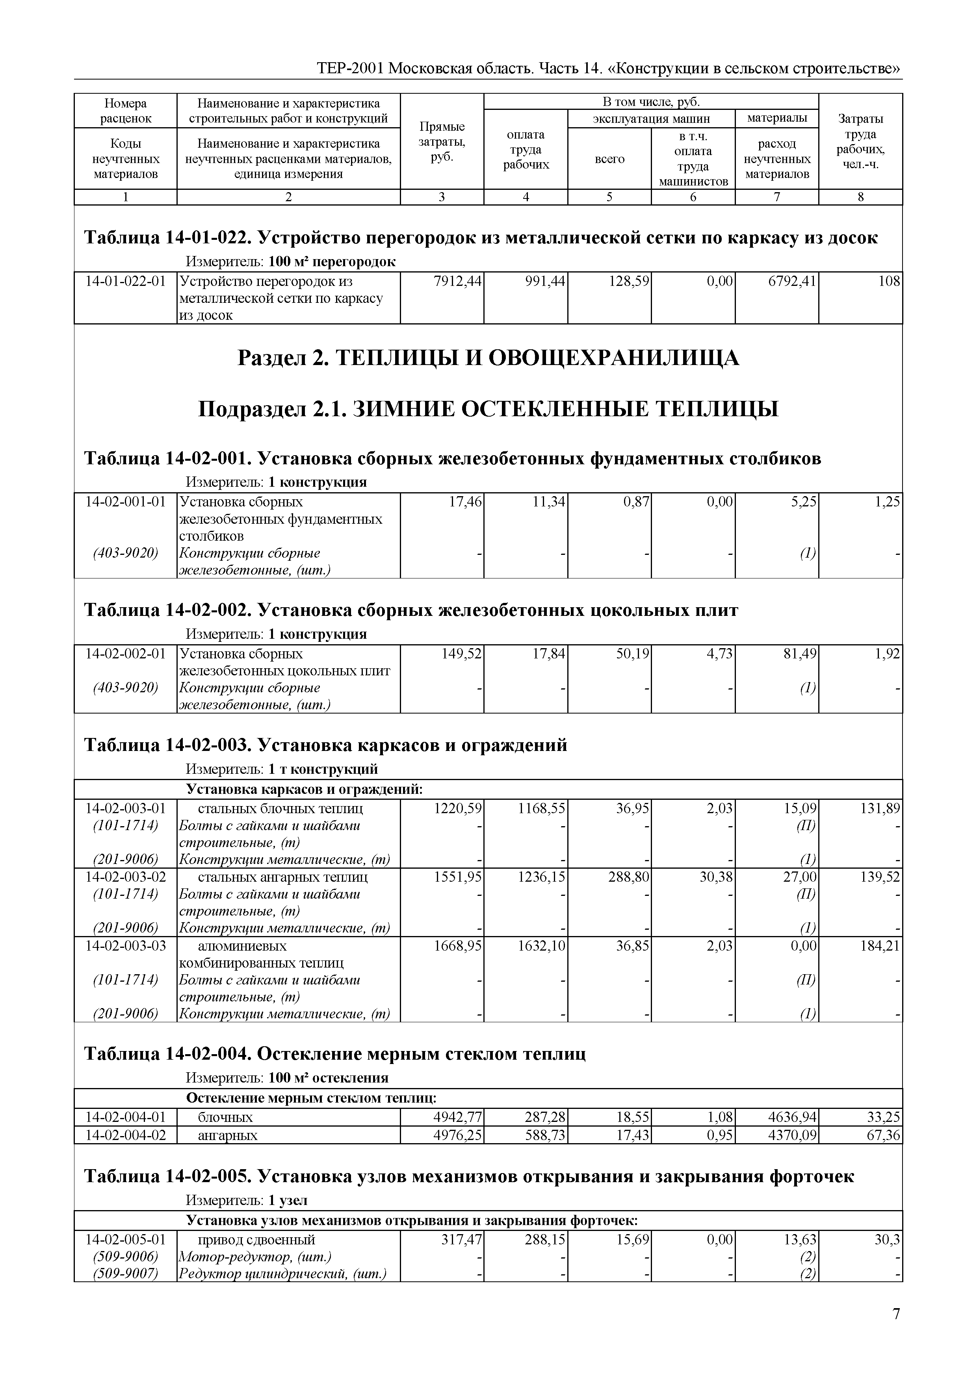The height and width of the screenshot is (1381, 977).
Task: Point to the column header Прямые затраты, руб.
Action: click(442, 142)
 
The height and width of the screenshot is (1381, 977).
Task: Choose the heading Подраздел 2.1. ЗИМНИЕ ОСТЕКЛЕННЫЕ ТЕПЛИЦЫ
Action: click(488, 410)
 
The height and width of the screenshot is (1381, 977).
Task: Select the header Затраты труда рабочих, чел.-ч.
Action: click(860, 142)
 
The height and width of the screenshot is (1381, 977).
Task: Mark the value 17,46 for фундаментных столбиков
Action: click(465, 502)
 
